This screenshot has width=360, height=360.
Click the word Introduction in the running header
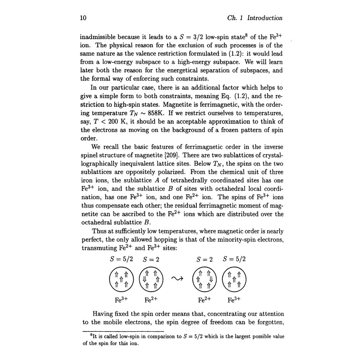tap(265, 18)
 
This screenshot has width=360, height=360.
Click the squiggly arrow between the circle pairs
tap(177, 279)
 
